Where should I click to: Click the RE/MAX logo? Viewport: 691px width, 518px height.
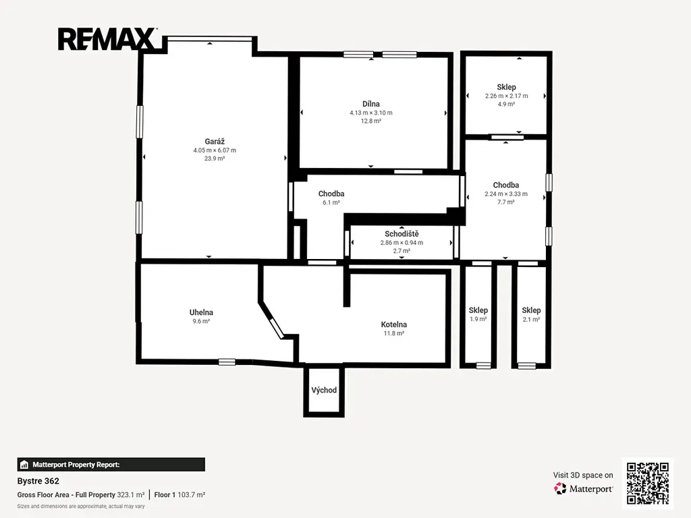[107, 39]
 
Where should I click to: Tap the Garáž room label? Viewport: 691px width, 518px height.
[215, 142]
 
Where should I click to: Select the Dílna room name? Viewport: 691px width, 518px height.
[371, 104]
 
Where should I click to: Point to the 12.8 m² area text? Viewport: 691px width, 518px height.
[371, 121]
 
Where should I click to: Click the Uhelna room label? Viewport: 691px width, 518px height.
[201, 312]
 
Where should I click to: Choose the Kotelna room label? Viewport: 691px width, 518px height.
[394, 324]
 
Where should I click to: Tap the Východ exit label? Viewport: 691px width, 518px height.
[324, 390]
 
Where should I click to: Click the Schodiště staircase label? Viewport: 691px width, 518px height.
[402, 234]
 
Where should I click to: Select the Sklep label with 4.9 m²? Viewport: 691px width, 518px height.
[506, 87]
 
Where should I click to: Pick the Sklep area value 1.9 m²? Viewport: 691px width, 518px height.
[478, 319]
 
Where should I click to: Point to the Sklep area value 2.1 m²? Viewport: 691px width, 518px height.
[531, 319]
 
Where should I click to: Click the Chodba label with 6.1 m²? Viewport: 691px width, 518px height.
[331, 194]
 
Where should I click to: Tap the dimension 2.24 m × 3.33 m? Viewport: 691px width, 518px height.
[506, 194]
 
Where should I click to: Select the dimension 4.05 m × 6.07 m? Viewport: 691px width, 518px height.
[215, 150]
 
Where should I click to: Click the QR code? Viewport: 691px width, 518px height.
[648, 483]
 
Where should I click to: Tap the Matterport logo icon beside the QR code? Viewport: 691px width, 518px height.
[560, 488]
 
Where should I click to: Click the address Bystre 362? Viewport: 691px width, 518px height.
[38, 481]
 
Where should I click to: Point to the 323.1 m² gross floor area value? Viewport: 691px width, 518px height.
[130, 494]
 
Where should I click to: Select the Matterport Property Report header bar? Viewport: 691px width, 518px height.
[111, 465]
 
